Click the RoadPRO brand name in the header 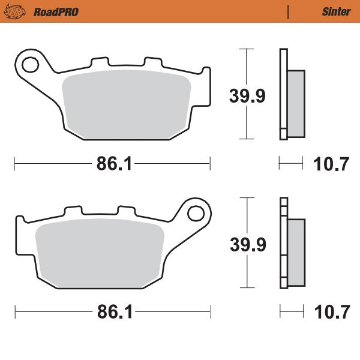56,11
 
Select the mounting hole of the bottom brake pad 194,212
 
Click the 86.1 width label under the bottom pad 112,313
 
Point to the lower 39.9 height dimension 247,244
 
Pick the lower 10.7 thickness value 331,313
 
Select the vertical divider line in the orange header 289,11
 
